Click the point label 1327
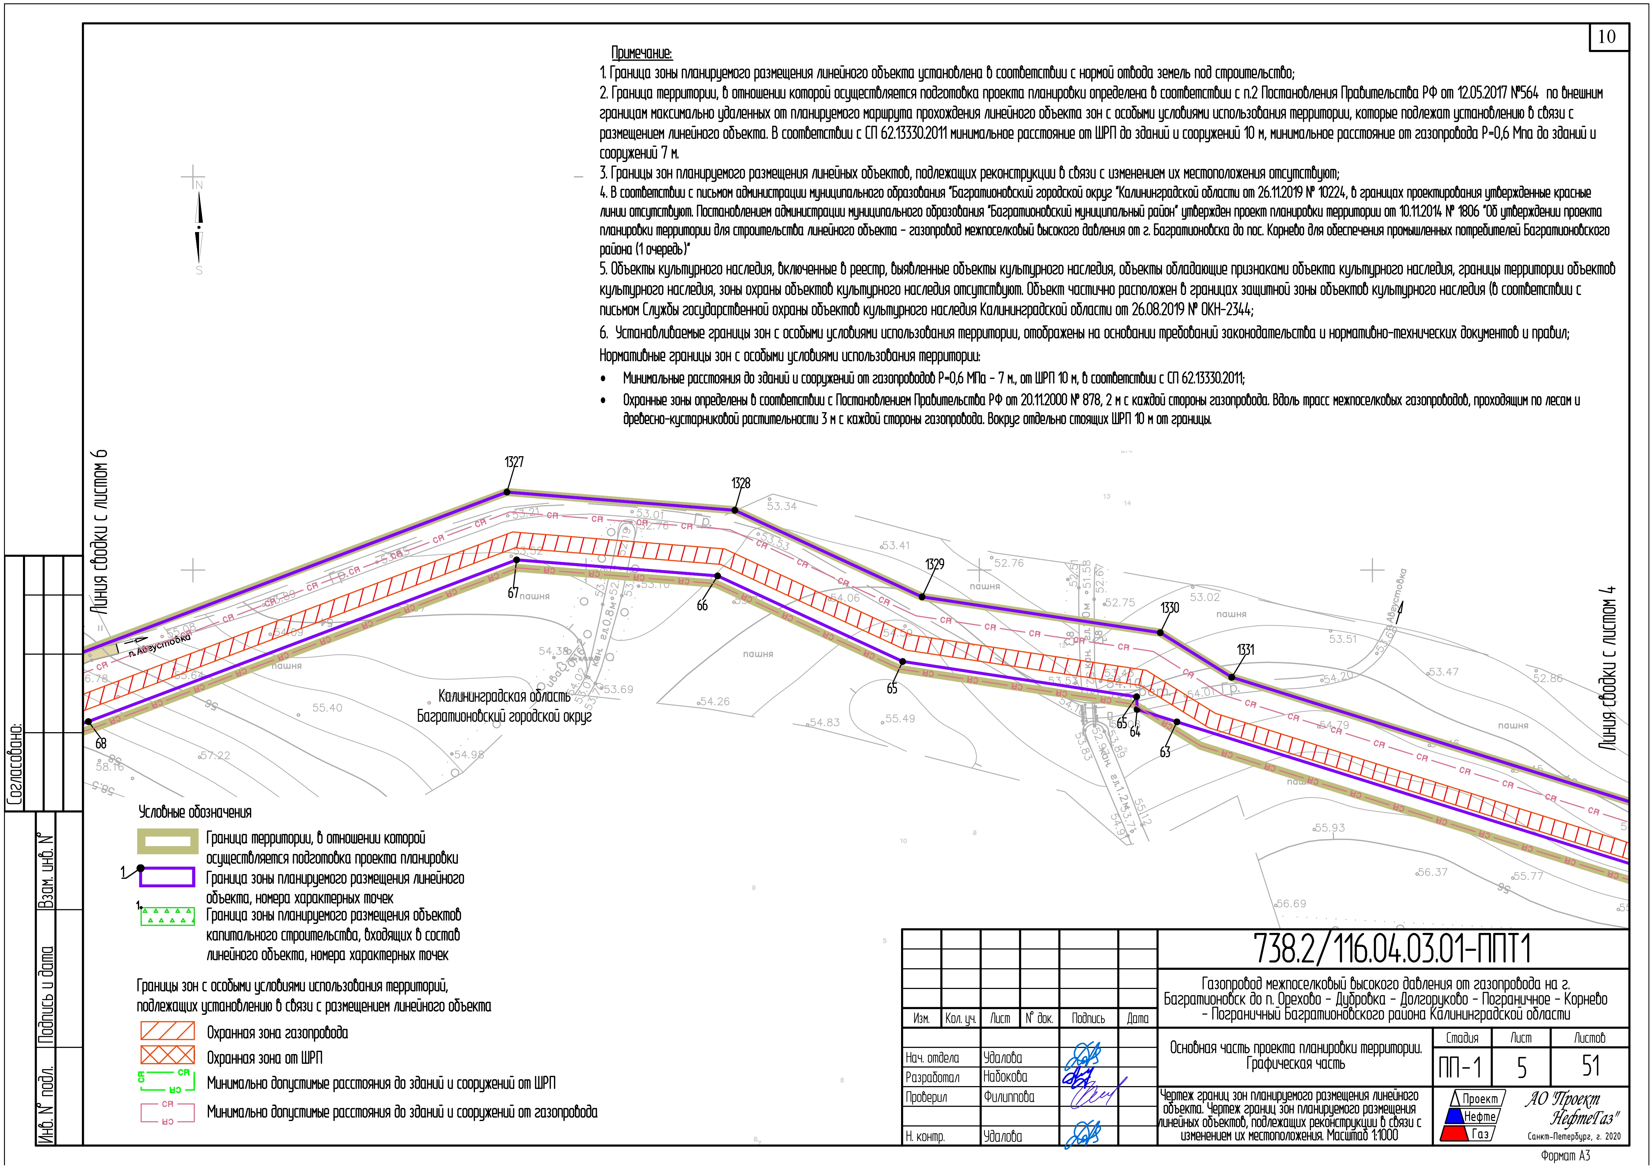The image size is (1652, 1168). coord(514,463)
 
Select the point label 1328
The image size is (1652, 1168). coord(740,483)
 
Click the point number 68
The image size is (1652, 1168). coord(101,743)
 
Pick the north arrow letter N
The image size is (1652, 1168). coord(199,185)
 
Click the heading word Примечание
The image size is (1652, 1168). coord(641,53)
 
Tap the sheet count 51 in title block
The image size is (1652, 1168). coord(1591,1066)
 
